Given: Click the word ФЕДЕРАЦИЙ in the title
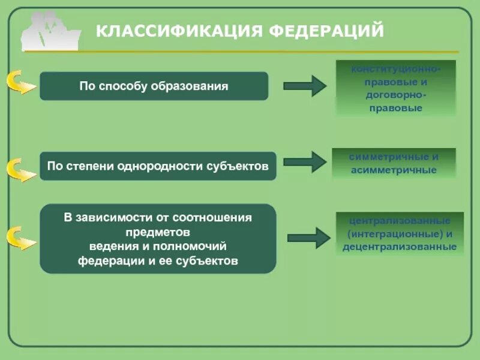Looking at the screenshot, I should pyautogui.click(x=326, y=31).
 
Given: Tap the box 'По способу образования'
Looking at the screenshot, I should pyautogui.click(x=154, y=86).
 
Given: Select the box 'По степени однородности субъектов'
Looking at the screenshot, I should pyautogui.click(x=158, y=166).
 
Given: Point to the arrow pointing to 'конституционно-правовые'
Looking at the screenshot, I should pyautogui.click(x=304, y=86).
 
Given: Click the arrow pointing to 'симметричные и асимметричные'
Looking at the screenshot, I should pyautogui.click(x=304, y=162).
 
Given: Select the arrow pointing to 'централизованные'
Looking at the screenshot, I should pyautogui.click(x=308, y=238).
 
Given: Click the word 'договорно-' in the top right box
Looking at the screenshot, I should pyautogui.click(x=395, y=95).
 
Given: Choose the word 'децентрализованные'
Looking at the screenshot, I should pyautogui.click(x=400, y=247).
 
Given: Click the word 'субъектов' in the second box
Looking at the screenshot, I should pyautogui.click(x=241, y=166).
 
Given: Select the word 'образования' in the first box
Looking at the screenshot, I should pyautogui.click(x=196, y=86).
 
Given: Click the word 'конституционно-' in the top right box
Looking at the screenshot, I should pyautogui.click(x=395, y=70).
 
